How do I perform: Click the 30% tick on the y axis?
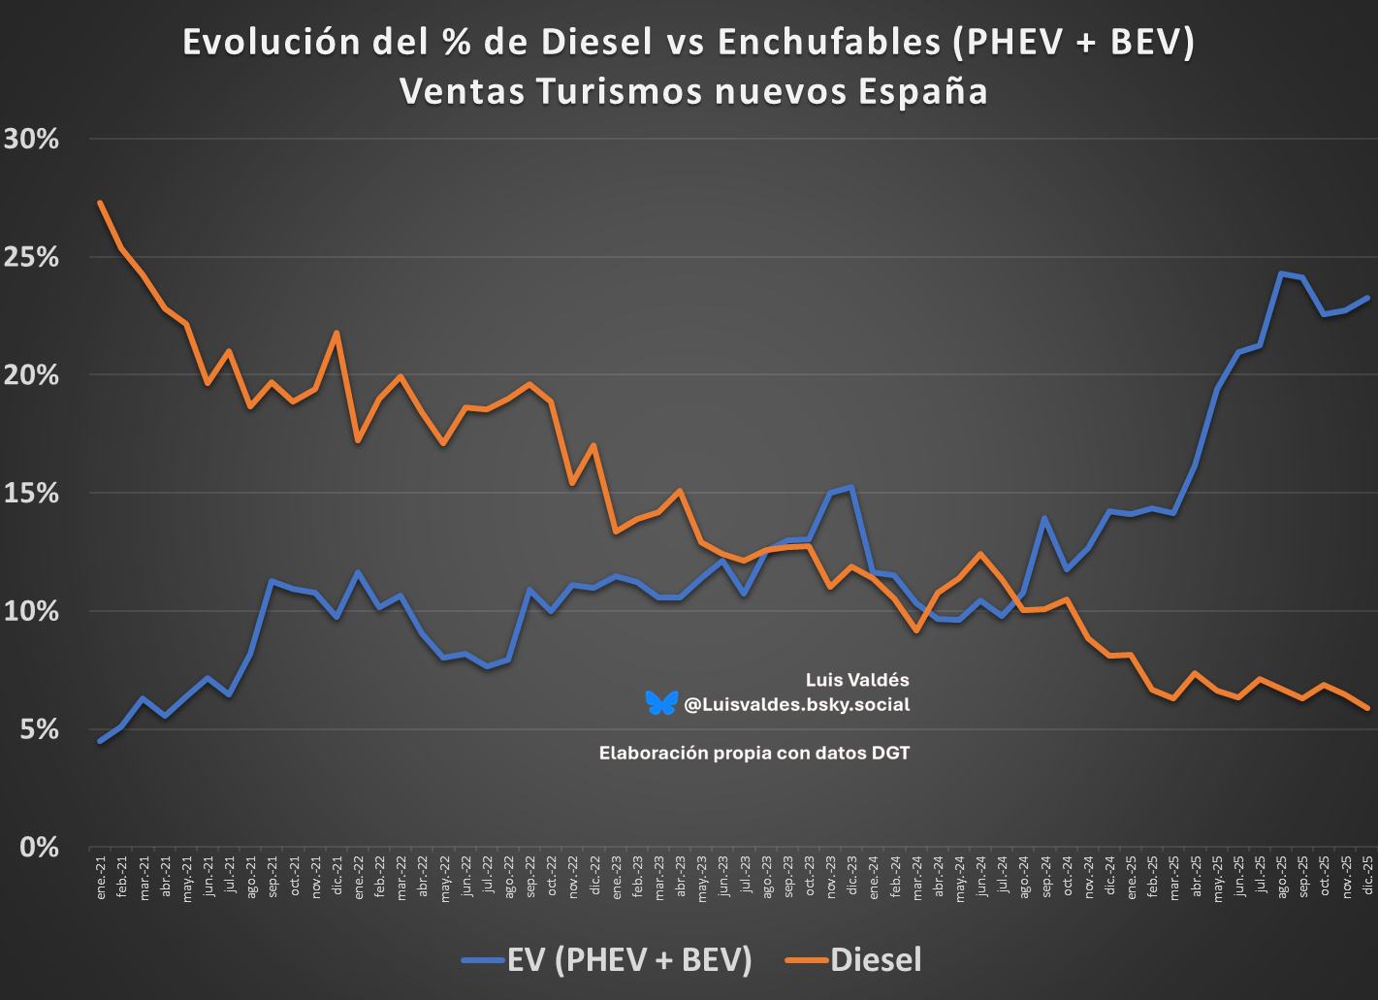click(31, 139)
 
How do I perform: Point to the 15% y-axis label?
click(31, 493)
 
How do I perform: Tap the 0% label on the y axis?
click(39, 848)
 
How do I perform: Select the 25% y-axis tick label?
click(31, 257)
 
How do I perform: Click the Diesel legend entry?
click(876, 959)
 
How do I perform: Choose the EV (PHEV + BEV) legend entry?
click(629, 959)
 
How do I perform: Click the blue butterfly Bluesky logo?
click(661, 703)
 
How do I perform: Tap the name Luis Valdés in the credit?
click(857, 680)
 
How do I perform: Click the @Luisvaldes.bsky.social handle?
click(796, 705)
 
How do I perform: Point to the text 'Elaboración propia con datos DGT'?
click(754, 753)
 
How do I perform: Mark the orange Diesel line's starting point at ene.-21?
click(100, 203)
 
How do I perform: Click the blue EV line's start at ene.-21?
click(100, 741)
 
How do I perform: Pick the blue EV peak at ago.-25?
click(1281, 274)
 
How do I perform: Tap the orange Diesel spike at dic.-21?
click(336, 333)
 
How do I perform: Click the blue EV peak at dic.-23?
click(850, 487)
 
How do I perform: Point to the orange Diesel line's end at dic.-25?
click(1367, 708)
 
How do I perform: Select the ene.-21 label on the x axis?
click(101, 878)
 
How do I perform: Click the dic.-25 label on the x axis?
click(1367, 878)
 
